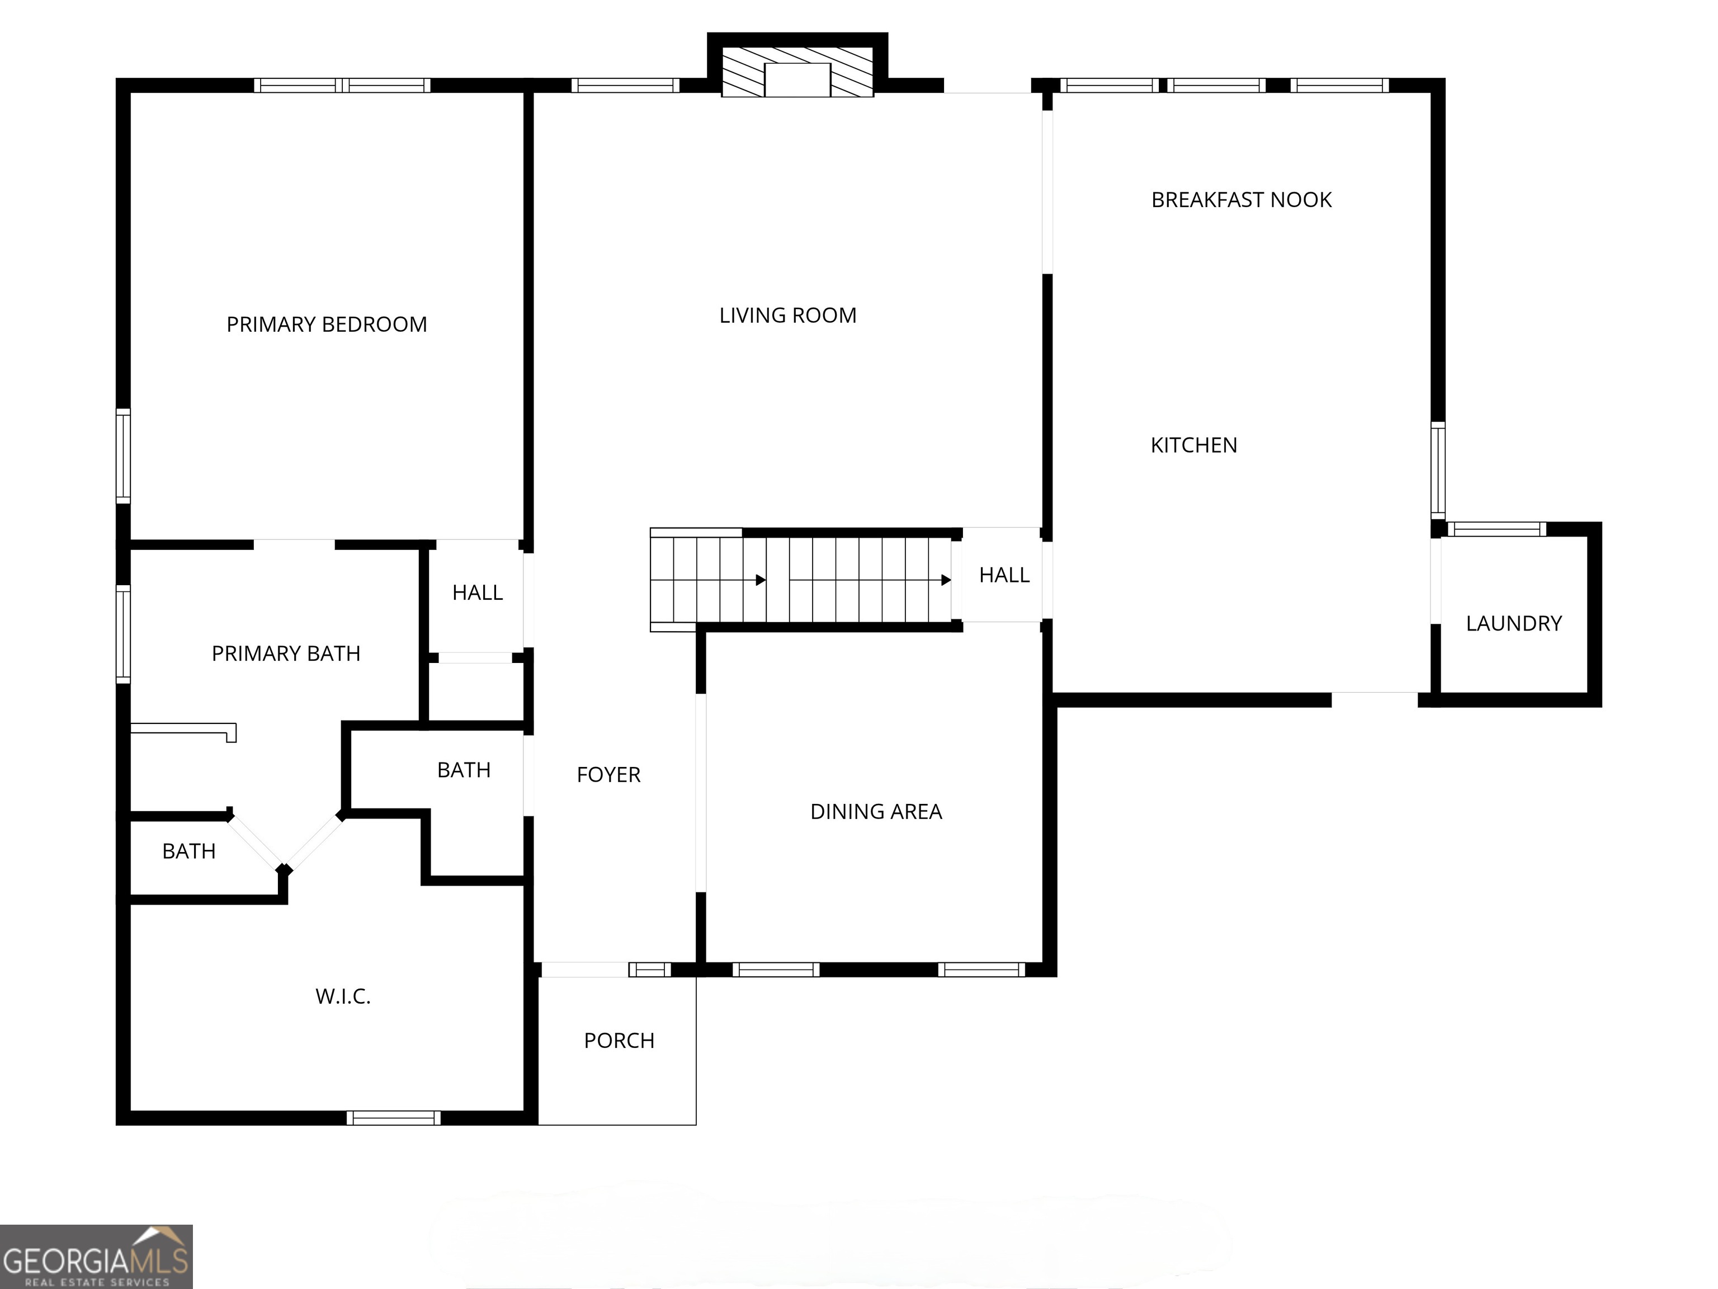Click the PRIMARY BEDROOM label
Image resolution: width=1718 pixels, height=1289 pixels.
coord(326,324)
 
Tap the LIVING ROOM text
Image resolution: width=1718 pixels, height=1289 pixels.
coord(787,316)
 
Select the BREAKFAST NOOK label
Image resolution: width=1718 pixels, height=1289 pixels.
coord(1241,200)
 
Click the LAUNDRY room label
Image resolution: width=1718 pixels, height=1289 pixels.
coord(1513,623)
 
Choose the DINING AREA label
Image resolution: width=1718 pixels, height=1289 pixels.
coord(875,811)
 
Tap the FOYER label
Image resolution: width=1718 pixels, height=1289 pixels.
coord(608,775)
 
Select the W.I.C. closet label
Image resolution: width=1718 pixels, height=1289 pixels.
coord(342,996)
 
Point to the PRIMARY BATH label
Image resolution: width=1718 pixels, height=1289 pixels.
coord(286,653)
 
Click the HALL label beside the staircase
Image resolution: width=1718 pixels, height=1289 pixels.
coord(1003,575)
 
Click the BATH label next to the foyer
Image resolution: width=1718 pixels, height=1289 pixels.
coord(464,770)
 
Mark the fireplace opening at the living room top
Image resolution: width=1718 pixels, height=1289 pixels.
coord(797,80)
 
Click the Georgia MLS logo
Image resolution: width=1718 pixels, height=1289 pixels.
coord(96,1257)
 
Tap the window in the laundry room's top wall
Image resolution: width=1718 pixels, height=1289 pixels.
coord(1497,530)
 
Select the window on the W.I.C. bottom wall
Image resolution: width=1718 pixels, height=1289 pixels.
coord(393,1118)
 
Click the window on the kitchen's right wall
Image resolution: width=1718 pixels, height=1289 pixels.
coord(1438,470)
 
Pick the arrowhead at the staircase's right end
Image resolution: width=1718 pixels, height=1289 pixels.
coord(946,580)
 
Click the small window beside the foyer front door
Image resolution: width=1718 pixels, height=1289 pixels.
coord(649,970)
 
